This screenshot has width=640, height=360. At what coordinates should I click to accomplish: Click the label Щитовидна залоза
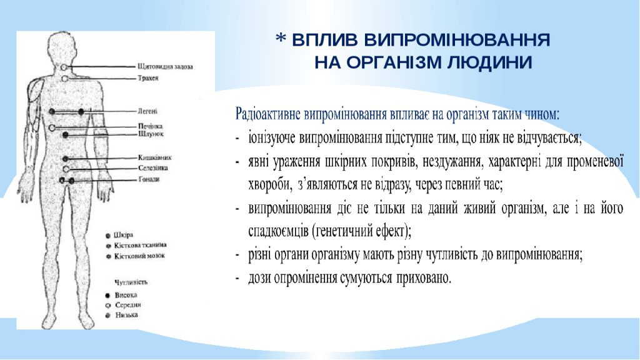click(165, 66)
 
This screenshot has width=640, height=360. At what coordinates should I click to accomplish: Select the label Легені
click(148, 111)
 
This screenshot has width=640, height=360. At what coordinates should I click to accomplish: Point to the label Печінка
click(150, 126)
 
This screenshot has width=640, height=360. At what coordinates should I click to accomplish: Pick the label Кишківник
click(154, 159)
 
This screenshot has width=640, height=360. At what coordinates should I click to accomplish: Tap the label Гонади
click(149, 180)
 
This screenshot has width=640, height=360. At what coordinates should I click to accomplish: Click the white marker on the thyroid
click(65, 67)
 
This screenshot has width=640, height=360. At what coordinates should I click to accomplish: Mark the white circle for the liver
click(52, 127)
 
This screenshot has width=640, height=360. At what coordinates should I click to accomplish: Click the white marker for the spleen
click(66, 169)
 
